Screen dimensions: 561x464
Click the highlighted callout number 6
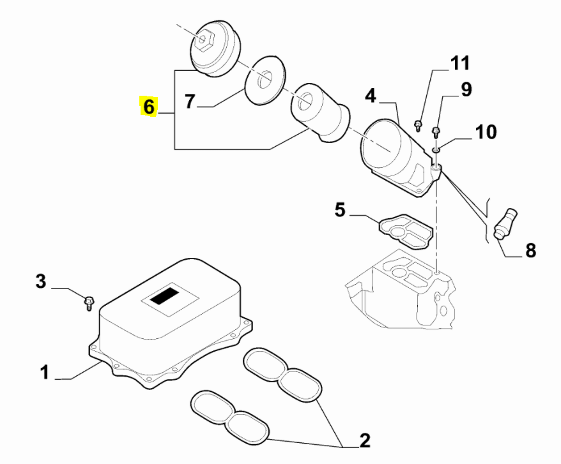(148, 106)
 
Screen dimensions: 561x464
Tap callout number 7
(190, 101)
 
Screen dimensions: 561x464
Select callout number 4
(371, 96)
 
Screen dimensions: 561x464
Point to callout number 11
(460, 63)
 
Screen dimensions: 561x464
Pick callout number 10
(486, 131)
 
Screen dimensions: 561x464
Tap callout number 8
(530, 251)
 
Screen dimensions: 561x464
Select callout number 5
(341, 209)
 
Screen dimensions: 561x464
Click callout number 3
(41, 281)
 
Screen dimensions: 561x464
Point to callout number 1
(44, 372)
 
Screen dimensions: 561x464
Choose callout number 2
(365, 440)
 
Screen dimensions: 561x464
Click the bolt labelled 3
(89, 303)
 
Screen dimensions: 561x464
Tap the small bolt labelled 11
(417, 126)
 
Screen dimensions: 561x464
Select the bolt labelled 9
(435, 133)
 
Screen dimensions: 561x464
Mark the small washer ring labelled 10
(436, 149)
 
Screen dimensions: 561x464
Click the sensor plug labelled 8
(505, 223)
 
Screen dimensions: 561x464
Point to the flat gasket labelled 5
(406, 231)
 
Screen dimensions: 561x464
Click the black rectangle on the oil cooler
(165, 296)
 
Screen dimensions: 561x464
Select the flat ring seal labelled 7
(265, 80)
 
